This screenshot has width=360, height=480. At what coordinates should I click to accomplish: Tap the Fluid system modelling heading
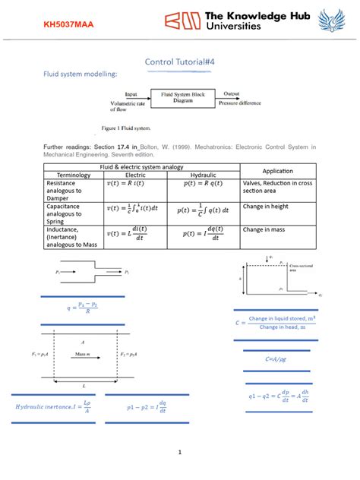pyautogui.click(x=74, y=74)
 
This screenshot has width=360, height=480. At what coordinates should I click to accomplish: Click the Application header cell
pyautogui.click(x=277, y=170)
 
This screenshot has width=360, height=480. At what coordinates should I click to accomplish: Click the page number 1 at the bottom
pyautogui.click(x=180, y=453)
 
